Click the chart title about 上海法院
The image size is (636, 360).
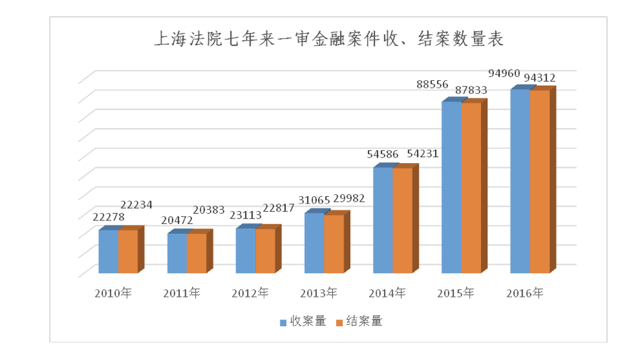pos(329,38)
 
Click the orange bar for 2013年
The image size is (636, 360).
pos(333,243)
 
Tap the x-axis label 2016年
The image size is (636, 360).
pos(523,293)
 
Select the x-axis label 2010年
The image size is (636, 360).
pos(113,293)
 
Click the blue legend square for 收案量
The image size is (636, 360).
pos(284,322)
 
